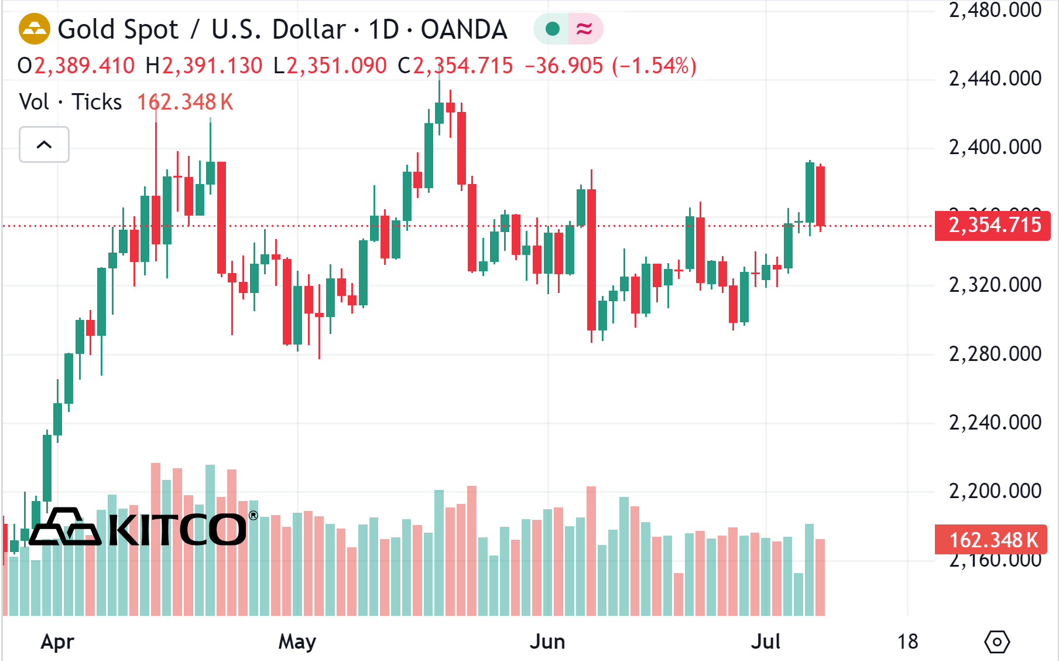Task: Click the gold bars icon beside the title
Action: [x=35, y=29]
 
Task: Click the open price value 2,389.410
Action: [x=84, y=66]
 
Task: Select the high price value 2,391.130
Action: [x=212, y=66]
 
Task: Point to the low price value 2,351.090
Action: [x=336, y=66]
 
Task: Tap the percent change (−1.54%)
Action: [x=654, y=66]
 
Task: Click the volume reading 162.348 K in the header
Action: [x=185, y=102]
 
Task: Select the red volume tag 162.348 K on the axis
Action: [x=992, y=540]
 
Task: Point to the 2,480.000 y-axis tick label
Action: [x=995, y=10]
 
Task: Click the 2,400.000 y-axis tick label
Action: [x=995, y=147]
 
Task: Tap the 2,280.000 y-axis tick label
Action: [x=995, y=354]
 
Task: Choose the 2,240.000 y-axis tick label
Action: [x=995, y=423]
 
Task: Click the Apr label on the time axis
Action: [x=57, y=642]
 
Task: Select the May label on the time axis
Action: [x=297, y=642]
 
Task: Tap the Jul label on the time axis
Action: [x=765, y=642]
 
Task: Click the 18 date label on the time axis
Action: [x=907, y=642]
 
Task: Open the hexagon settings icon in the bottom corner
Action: [x=997, y=642]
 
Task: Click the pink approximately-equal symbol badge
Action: [x=584, y=29]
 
